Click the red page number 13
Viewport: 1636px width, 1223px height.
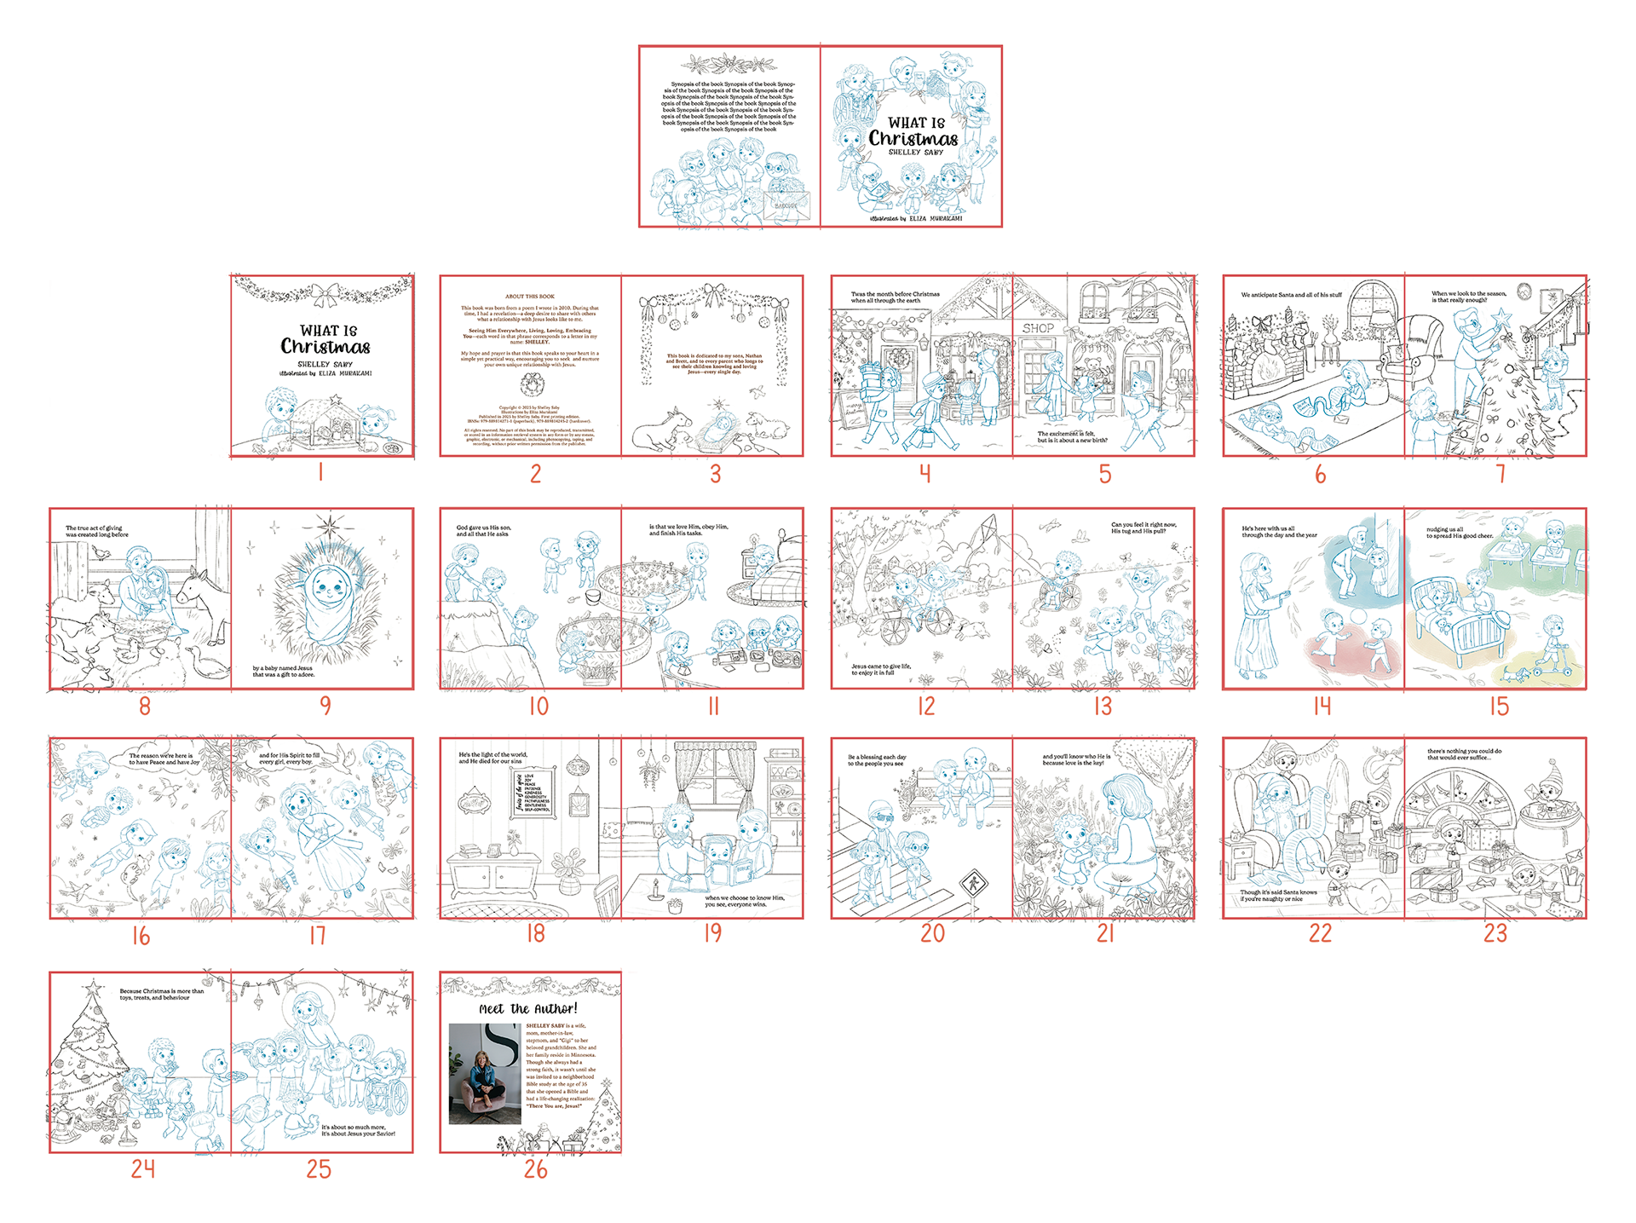(x=1103, y=706)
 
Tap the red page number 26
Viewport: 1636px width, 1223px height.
(x=535, y=1168)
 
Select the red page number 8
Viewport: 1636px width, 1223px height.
(x=145, y=706)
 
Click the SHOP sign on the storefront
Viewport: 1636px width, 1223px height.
(x=1038, y=328)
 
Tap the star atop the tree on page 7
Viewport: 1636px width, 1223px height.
(x=1501, y=319)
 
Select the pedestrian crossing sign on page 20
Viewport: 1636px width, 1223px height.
(x=971, y=884)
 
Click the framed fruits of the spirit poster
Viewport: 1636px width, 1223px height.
(x=533, y=792)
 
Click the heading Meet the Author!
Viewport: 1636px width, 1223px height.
(x=528, y=1008)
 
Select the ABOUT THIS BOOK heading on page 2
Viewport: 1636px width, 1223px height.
(x=529, y=297)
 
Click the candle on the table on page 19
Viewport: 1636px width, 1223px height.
(x=654, y=891)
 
